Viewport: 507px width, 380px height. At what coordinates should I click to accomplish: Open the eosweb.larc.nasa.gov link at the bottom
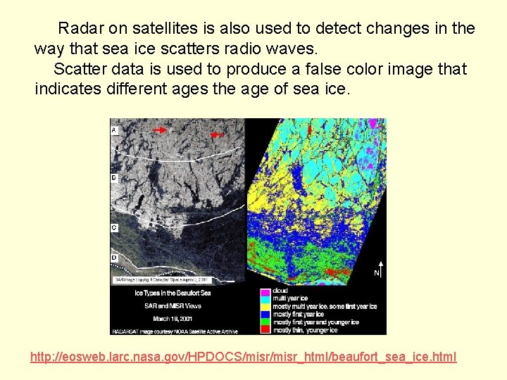pyautogui.click(x=243, y=357)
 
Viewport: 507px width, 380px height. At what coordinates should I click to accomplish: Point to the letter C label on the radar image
pyautogui.click(x=114, y=228)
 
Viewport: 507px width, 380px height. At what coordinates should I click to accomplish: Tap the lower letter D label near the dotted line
pyautogui.click(x=114, y=258)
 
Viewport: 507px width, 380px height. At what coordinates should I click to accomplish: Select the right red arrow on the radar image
pyautogui.click(x=218, y=134)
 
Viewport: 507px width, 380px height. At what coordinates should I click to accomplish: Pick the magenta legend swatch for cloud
pyautogui.click(x=265, y=291)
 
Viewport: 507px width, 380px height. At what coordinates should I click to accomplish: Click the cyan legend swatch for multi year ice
pyautogui.click(x=265, y=298)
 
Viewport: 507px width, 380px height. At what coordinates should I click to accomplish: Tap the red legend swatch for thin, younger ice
pyautogui.click(x=265, y=329)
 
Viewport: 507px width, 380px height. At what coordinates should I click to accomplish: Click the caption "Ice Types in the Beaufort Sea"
pyautogui.click(x=173, y=292)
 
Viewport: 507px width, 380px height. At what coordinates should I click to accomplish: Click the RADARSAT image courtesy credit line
pyautogui.click(x=175, y=330)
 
